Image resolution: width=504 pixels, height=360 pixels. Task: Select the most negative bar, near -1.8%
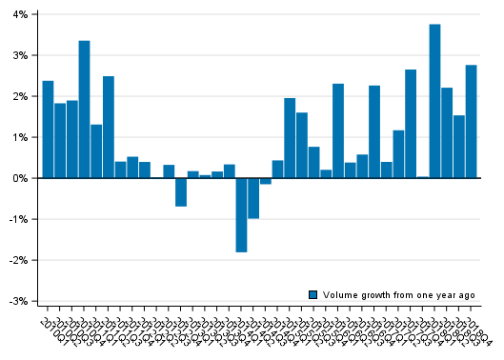tap(241, 214)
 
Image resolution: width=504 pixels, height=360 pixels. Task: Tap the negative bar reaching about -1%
tap(253, 198)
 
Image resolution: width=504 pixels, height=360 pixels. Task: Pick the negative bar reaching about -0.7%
tap(181, 191)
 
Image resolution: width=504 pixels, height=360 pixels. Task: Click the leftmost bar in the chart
tap(48, 130)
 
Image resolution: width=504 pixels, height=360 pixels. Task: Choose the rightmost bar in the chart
tap(471, 121)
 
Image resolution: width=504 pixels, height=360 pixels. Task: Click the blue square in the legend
tap(312, 295)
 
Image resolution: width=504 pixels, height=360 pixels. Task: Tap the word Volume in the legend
tap(338, 295)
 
